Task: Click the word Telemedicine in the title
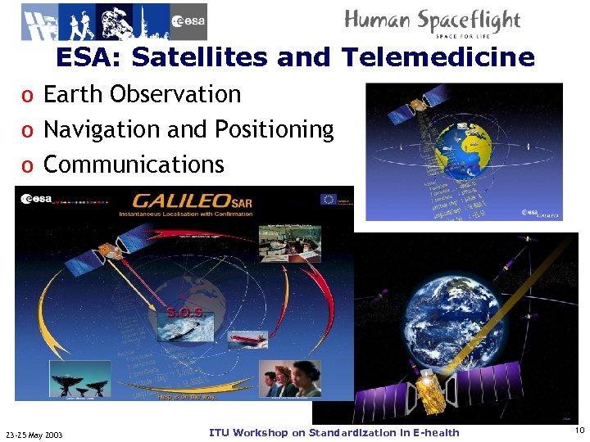[438, 58]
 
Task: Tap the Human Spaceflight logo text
[432, 21]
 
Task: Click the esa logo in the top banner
[188, 22]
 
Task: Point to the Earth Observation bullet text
[142, 95]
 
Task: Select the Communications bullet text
[133, 165]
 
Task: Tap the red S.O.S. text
[185, 312]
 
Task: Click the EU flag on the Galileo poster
[327, 199]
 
